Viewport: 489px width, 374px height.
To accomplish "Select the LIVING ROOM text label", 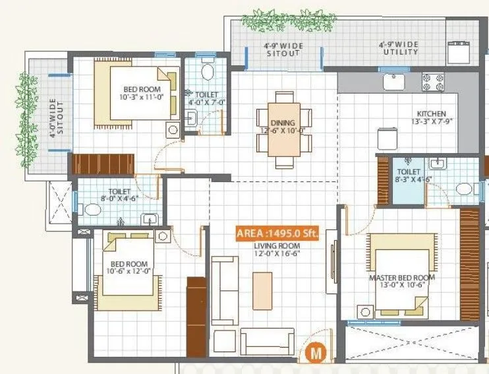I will click(277, 245).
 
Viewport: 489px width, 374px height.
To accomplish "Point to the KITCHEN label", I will click(431, 114).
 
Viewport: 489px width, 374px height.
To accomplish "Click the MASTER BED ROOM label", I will click(402, 278).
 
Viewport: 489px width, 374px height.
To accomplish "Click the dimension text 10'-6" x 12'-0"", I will click(125, 270).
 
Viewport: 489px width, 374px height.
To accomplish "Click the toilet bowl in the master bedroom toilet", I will click(465, 190).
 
